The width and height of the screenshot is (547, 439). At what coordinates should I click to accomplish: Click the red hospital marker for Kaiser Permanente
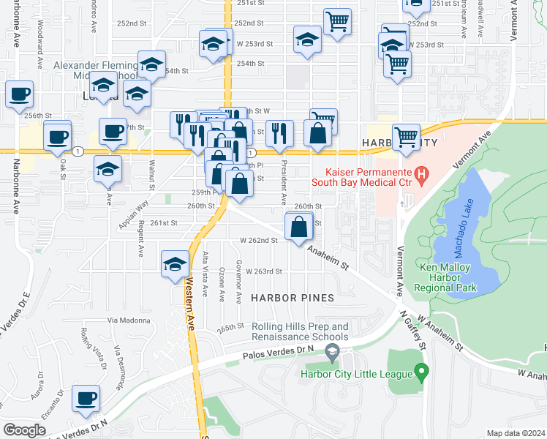tap(421, 174)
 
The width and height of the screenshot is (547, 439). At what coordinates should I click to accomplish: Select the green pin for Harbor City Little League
tap(420, 374)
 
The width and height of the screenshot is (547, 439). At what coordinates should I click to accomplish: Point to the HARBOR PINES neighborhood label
tap(293, 298)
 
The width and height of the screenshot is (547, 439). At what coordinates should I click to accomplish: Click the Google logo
tap(24, 430)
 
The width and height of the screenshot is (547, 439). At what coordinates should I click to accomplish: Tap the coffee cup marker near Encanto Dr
tap(86, 399)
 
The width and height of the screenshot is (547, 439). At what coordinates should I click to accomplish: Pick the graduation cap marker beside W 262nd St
tap(174, 264)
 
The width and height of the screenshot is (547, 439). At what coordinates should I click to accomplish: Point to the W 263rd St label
tap(264, 271)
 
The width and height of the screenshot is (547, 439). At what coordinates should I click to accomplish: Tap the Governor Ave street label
tap(238, 282)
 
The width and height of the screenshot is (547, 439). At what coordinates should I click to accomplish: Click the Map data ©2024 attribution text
tap(516, 433)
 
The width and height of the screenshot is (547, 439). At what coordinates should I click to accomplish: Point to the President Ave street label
tap(284, 186)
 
